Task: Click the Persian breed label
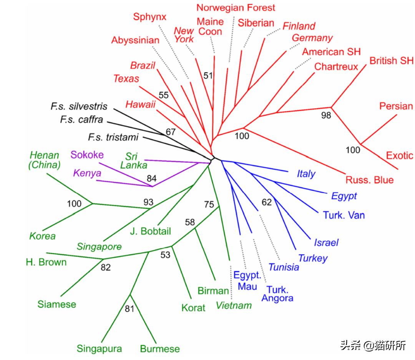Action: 396,106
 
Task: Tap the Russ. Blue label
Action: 369,180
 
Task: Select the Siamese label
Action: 57,304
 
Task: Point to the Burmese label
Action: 159,349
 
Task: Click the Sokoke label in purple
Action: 87,155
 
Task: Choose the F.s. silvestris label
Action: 79,106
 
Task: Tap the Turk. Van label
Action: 344,215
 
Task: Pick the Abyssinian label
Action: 135,40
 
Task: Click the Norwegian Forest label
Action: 236,7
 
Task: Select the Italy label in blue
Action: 306,174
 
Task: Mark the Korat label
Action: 193,308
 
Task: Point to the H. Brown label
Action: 46,262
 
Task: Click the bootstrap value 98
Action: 326,115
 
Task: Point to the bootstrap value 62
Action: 267,202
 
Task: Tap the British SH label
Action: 391,61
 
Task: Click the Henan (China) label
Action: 45,160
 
